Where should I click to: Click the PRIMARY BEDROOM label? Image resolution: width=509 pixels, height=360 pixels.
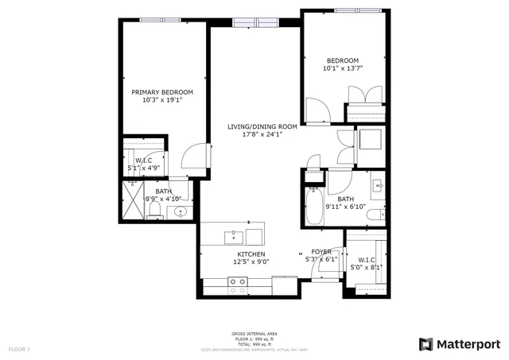click(162, 92)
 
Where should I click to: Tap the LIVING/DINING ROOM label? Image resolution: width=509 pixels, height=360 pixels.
click(262, 126)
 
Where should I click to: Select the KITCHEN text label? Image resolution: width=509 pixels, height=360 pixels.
click(251, 254)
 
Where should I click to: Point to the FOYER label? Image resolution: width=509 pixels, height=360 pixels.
click(321, 251)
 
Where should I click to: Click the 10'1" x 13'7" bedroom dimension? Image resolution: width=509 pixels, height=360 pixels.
click(343, 68)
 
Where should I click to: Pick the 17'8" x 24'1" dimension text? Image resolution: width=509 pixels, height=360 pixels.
click(262, 134)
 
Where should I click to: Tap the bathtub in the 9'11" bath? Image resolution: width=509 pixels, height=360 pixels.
click(313, 206)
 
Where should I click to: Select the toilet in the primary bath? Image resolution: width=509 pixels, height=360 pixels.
click(156, 210)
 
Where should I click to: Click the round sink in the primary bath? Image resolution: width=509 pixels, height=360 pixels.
click(181, 212)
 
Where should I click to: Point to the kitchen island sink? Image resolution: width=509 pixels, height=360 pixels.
click(236, 236)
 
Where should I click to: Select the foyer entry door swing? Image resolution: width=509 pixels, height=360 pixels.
click(326, 269)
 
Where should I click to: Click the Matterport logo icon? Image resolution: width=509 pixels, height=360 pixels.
click(426, 343)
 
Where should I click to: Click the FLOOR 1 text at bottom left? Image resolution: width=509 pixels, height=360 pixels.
click(19, 349)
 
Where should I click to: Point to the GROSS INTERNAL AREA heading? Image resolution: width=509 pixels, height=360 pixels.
click(254, 333)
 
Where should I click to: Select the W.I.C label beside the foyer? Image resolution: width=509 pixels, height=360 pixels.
click(367, 259)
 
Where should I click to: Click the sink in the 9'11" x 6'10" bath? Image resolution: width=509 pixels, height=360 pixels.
click(377, 188)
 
